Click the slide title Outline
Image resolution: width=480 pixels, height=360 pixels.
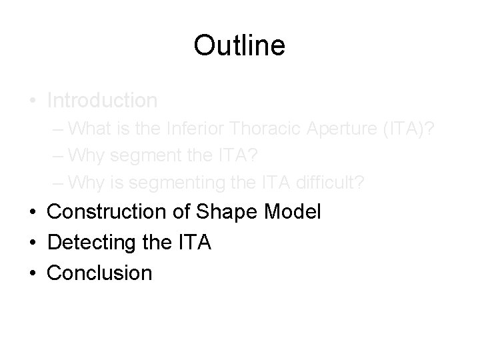click(239, 46)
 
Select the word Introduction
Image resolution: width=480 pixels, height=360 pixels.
click(103, 101)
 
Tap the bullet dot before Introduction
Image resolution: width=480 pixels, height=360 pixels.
click(32, 101)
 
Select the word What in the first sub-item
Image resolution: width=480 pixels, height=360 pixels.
click(90, 127)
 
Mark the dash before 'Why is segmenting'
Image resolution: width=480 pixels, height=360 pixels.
click(59, 181)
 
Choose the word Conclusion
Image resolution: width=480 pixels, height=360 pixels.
click(100, 273)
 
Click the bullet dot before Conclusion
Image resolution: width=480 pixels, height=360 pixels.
click(32, 273)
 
